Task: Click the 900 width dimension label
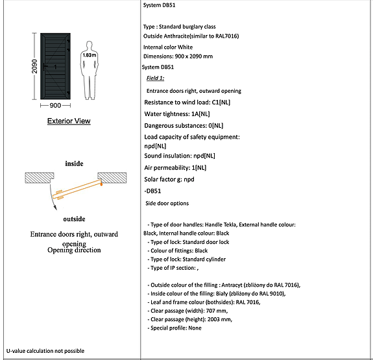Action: coord(55,105)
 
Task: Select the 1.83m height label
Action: coord(89,55)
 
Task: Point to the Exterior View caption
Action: coord(69,121)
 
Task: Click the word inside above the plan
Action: coord(74,163)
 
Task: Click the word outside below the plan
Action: coord(74,219)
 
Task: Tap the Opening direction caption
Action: coord(73,250)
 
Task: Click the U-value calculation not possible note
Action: coord(45,351)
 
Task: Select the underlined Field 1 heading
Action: coord(155,78)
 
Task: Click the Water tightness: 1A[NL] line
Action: coord(176,114)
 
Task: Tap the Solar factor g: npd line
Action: coord(169,179)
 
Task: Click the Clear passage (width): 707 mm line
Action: coord(189,311)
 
